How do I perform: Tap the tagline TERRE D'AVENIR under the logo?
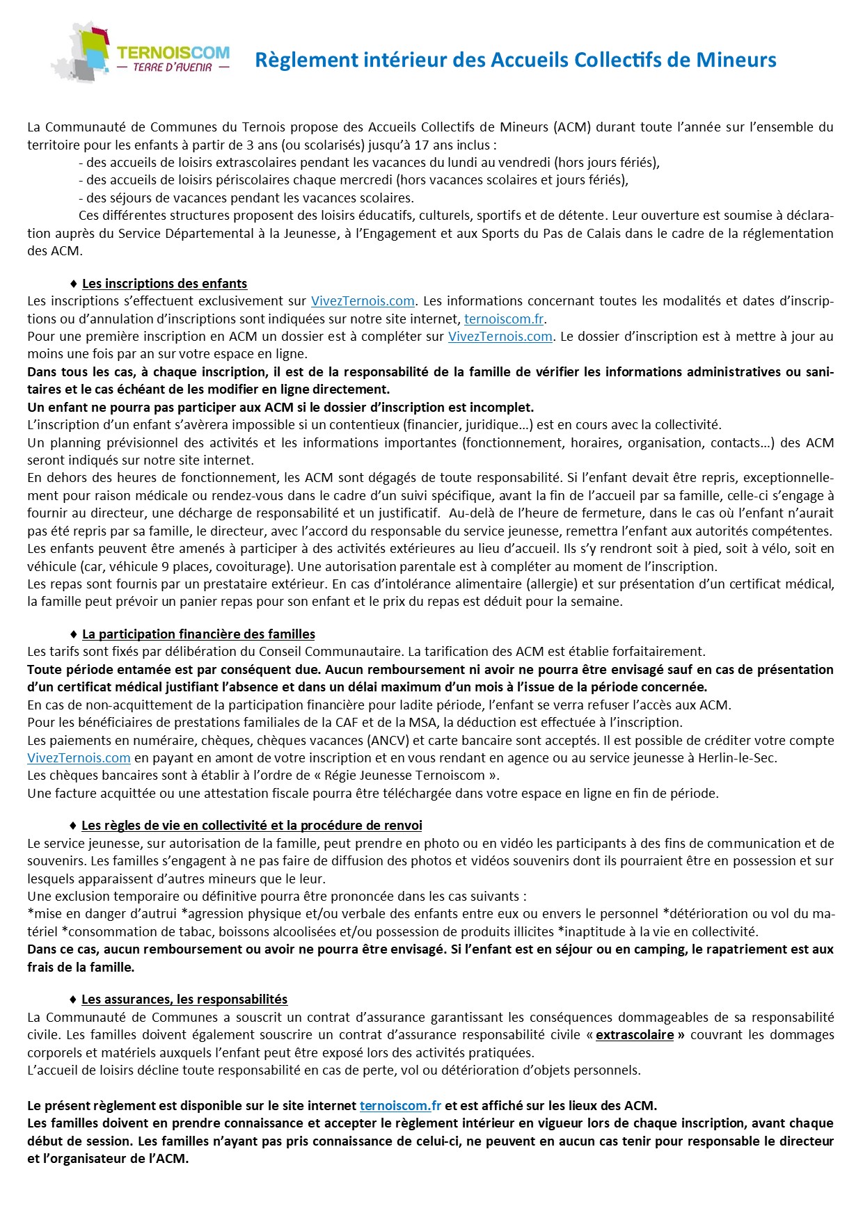tap(173, 67)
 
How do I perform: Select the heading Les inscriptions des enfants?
tap(164, 284)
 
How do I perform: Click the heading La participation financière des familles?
tap(198, 634)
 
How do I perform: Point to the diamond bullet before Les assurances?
tap(73, 1000)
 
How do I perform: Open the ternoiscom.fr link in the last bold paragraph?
tap(400, 1105)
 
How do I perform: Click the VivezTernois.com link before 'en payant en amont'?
tap(79, 758)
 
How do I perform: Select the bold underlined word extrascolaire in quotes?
tap(635, 1035)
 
